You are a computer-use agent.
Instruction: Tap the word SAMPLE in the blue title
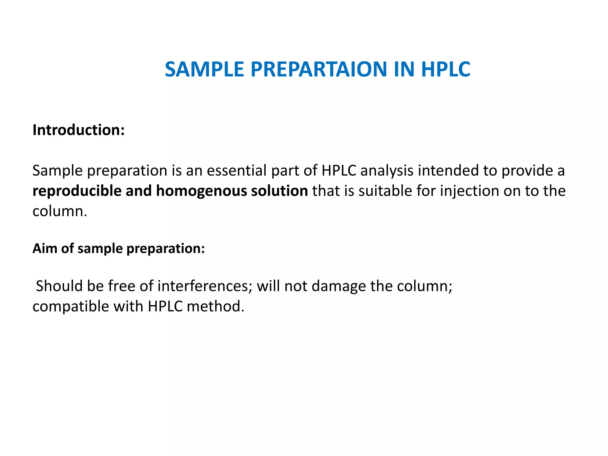[x=204, y=69]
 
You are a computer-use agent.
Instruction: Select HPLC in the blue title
[x=446, y=69]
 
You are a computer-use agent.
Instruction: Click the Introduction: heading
[x=78, y=130]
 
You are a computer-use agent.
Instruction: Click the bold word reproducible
[x=77, y=191]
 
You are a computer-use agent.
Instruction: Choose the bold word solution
[x=279, y=191]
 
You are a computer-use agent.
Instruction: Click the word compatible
[x=71, y=307]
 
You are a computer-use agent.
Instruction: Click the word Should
[x=59, y=286]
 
